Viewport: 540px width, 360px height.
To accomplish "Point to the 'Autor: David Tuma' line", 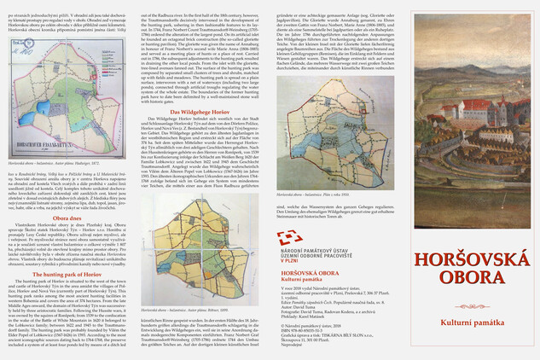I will point(299,309).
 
